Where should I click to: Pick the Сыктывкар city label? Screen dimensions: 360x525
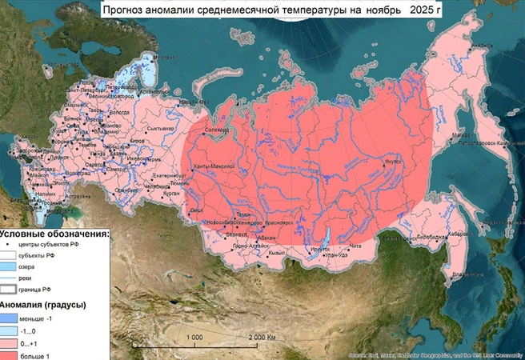(161, 128)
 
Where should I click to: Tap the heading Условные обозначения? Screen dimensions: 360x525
(54, 233)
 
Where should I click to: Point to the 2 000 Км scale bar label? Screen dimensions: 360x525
(264, 337)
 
